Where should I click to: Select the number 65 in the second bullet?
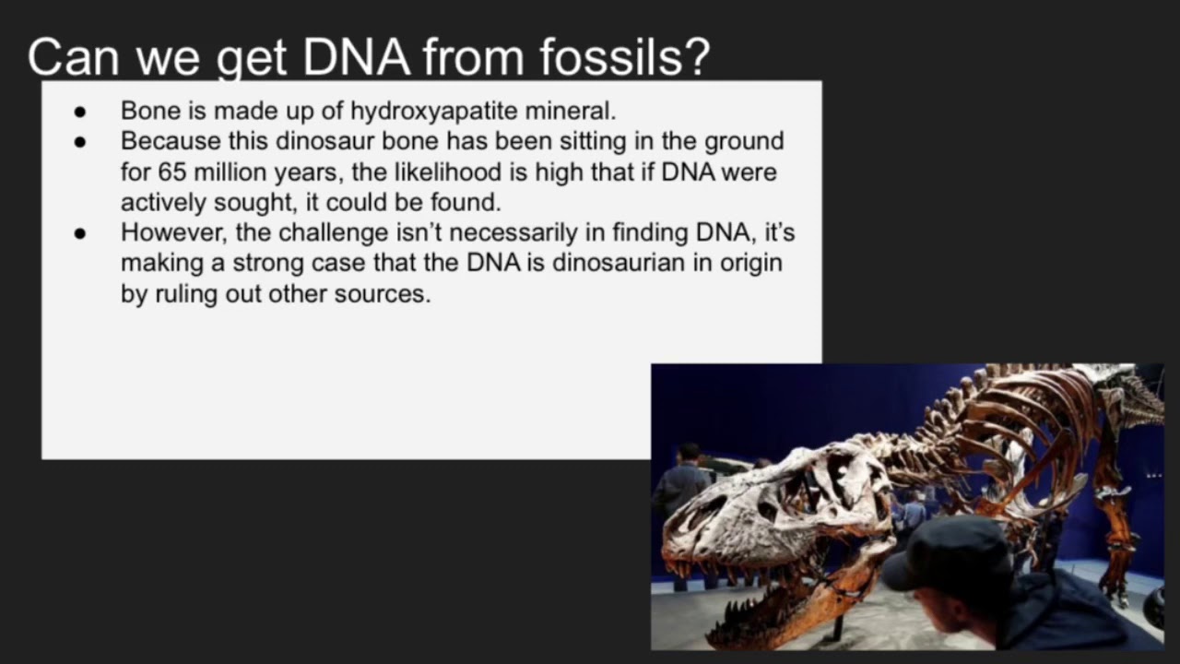pyautogui.click(x=172, y=172)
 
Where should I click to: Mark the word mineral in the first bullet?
pyautogui.click(x=570, y=111)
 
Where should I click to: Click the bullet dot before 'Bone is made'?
pyautogui.click(x=79, y=112)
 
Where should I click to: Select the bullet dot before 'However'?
pyautogui.click(x=79, y=233)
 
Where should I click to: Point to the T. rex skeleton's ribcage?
pyautogui.click(x=1023, y=424)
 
